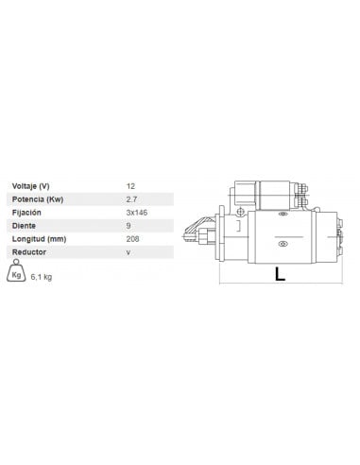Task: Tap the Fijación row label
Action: [x=28, y=214]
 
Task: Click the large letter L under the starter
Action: [x=280, y=275]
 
